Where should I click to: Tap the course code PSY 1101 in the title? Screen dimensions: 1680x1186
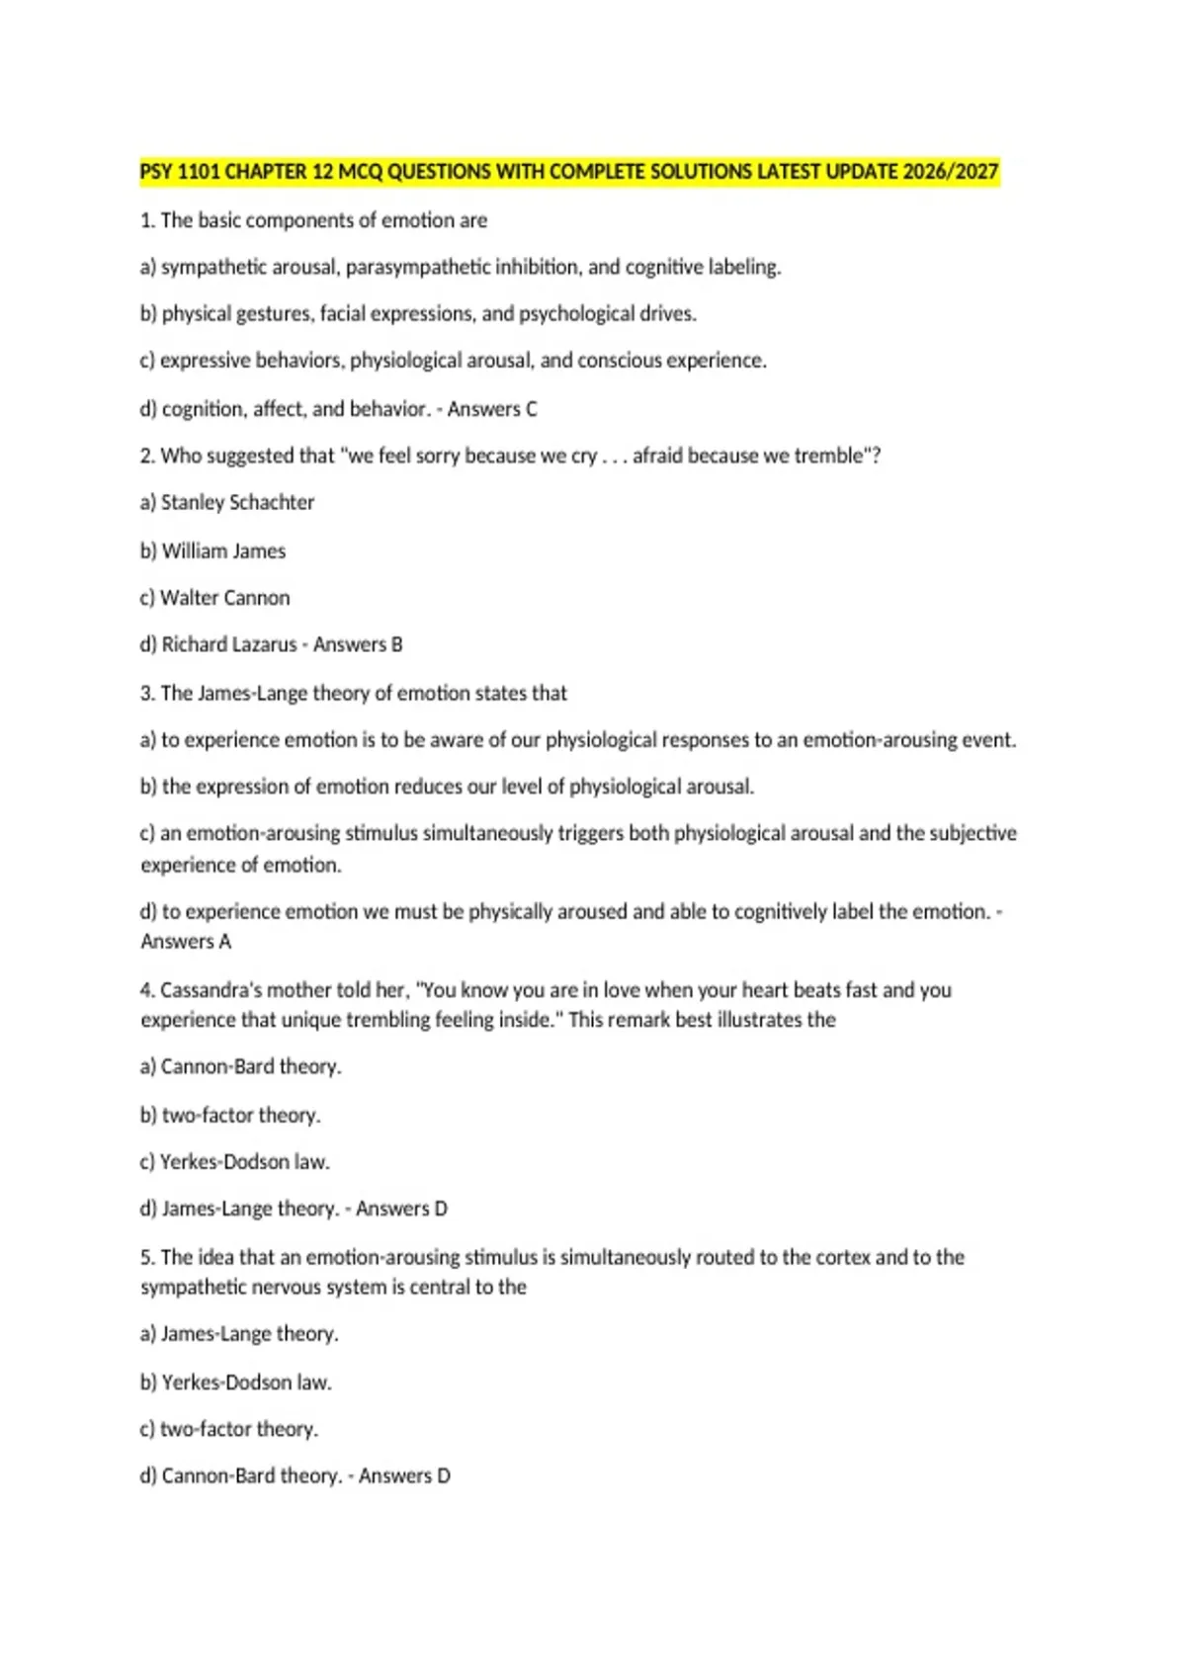[180, 172]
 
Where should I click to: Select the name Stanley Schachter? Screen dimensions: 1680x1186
[237, 502]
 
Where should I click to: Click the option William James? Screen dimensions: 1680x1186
[223, 550]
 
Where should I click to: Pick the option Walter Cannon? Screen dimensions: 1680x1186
[225, 598]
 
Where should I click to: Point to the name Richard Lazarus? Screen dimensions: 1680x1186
[228, 644]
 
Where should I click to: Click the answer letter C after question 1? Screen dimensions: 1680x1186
[531, 409]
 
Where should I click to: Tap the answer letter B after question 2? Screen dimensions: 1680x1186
[396, 644]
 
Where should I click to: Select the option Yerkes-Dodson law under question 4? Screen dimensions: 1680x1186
[244, 1162]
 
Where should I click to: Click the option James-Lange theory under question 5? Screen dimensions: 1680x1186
[249, 1334]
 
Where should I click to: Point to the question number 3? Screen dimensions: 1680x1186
[146, 694]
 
